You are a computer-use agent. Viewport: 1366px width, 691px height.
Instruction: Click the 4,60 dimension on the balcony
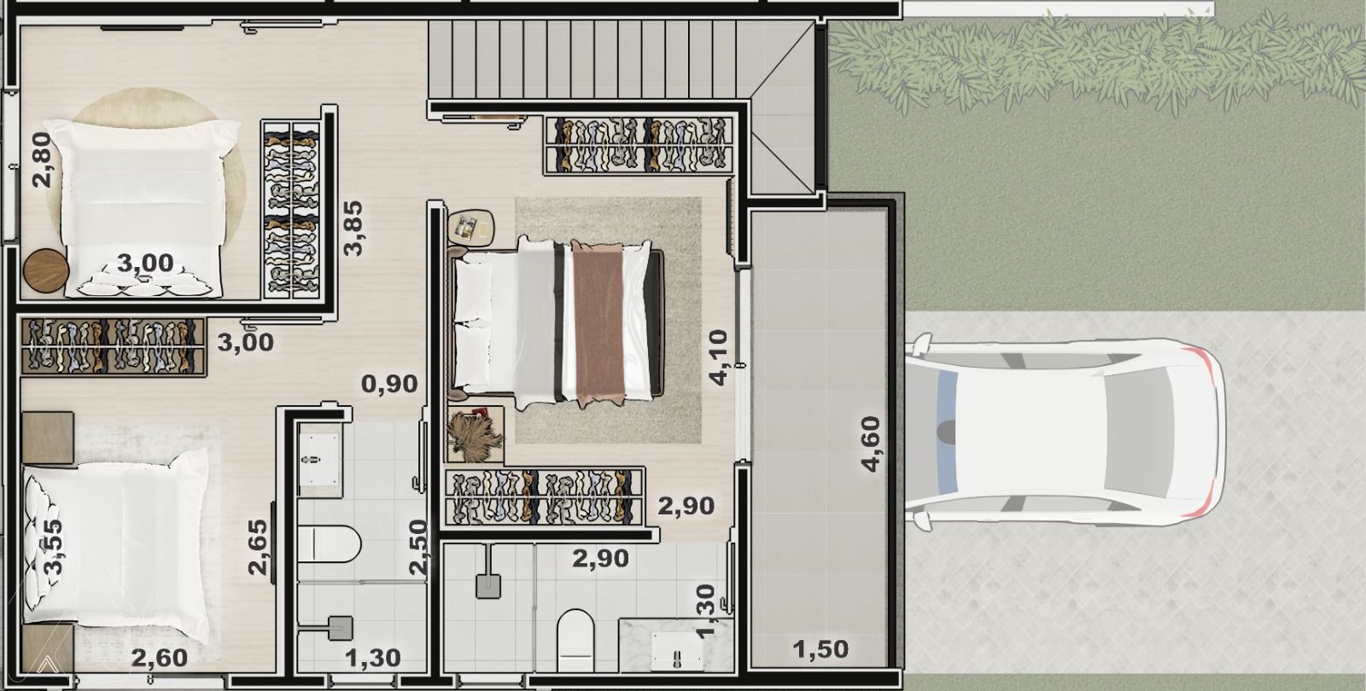tap(870, 444)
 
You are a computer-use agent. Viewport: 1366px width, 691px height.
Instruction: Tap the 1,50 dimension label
tap(820, 649)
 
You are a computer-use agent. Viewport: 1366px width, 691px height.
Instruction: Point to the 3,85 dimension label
tap(353, 229)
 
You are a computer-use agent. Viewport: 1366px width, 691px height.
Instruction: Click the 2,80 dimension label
tap(42, 160)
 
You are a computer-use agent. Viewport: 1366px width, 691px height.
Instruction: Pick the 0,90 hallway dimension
tap(389, 384)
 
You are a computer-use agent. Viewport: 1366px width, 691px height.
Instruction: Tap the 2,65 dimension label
tap(258, 547)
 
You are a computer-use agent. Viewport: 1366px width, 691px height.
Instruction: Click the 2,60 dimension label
tap(159, 658)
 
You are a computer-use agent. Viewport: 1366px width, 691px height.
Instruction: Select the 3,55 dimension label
tap(54, 547)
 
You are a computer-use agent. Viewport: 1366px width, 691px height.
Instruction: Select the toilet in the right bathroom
tap(575, 641)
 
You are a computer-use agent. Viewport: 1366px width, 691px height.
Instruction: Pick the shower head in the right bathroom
tap(487, 586)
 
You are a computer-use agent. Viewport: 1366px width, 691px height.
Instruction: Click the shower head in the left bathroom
tap(341, 628)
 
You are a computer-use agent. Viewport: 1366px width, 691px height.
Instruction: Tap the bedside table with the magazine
tap(470, 227)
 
